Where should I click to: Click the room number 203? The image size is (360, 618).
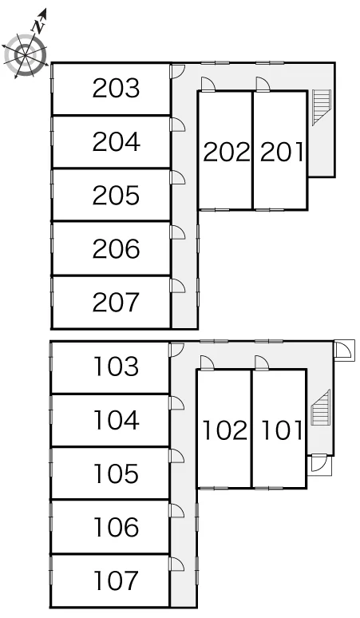click(x=117, y=88)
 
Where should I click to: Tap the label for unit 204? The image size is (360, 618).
click(x=117, y=141)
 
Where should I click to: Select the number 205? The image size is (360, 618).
click(x=117, y=195)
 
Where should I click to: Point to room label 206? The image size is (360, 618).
click(x=117, y=248)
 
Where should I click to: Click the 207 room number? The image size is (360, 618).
click(x=117, y=302)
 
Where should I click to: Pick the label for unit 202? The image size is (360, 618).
click(x=227, y=152)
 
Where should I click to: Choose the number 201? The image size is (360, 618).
click(x=282, y=152)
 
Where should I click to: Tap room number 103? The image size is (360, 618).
click(x=117, y=366)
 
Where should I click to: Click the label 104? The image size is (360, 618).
click(x=117, y=420)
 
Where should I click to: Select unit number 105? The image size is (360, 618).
click(x=117, y=473)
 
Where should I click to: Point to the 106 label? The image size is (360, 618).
click(x=117, y=527)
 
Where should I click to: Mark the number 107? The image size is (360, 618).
click(x=117, y=580)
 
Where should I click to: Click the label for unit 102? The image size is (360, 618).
click(x=225, y=430)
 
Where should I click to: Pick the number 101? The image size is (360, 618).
click(x=282, y=430)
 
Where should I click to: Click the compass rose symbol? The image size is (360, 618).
click(x=26, y=55)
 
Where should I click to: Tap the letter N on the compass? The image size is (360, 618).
click(x=38, y=27)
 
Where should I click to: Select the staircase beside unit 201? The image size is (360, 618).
click(x=322, y=107)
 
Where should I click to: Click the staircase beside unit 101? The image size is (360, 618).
click(x=320, y=407)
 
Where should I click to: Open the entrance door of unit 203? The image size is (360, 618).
click(x=177, y=71)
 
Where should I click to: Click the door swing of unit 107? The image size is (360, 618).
click(x=176, y=564)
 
